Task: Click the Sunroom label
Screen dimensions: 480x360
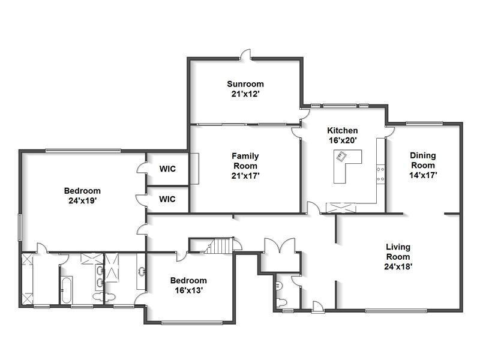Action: tap(245, 84)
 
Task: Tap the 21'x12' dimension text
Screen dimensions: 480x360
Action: tap(245, 94)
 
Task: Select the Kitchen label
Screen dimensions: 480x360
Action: tap(342, 130)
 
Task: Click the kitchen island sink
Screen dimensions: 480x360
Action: tap(341, 157)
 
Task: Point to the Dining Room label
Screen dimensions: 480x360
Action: tap(423, 160)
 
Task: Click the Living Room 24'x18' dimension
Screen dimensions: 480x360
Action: tap(398, 266)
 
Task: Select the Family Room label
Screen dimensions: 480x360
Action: tap(245, 161)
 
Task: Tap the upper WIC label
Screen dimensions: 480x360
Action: tap(167, 169)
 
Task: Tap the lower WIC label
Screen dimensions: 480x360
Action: tap(167, 199)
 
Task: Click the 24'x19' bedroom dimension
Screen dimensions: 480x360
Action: tap(82, 201)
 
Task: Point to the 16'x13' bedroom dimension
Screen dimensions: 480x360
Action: tap(188, 290)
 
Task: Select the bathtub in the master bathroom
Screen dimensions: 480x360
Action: tap(66, 290)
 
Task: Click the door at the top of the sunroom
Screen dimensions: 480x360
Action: tap(245, 54)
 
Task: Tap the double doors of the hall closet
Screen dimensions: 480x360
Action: tap(280, 245)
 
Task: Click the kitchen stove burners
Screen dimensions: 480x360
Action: tap(380, 174)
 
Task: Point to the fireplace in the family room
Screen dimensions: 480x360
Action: tap(194, 169)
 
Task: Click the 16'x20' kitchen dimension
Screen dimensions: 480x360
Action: tap(343, 140)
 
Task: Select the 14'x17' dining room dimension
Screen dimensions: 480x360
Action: tap(423, 175)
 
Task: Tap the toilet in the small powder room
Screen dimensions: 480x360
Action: tap(281, 302)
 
